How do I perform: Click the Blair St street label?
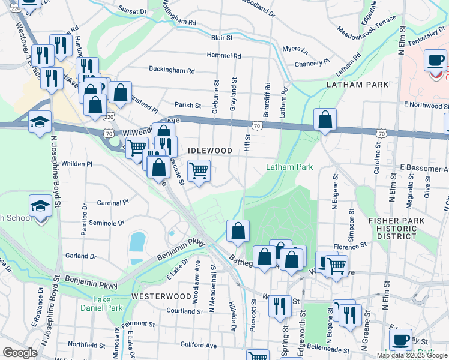tap(221, 37)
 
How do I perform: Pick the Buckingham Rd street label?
tap(172, 70)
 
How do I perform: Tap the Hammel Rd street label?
tap(224, 55)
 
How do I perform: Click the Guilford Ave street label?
tap(199, 345)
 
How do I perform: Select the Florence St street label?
tap(350, 246)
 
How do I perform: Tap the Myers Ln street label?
tap(294, 49)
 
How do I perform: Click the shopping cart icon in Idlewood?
tap(199, 170)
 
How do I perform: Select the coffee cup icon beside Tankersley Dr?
tap(435, 60)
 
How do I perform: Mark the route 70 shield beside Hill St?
tap(256, 126)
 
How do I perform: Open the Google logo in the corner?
tap(20, 353)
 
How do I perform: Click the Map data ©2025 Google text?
tap(411, 355)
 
